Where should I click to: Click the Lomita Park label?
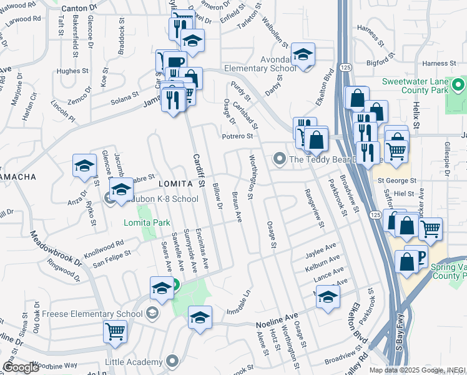coord(139,223)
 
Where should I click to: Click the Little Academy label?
coord(137,361)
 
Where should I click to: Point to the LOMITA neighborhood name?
coord(173,183)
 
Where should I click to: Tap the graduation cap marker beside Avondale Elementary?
coord(303,55)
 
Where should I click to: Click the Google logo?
coord(21,367)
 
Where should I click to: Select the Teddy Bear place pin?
coord(280,159)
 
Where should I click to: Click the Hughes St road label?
coord(69,71)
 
